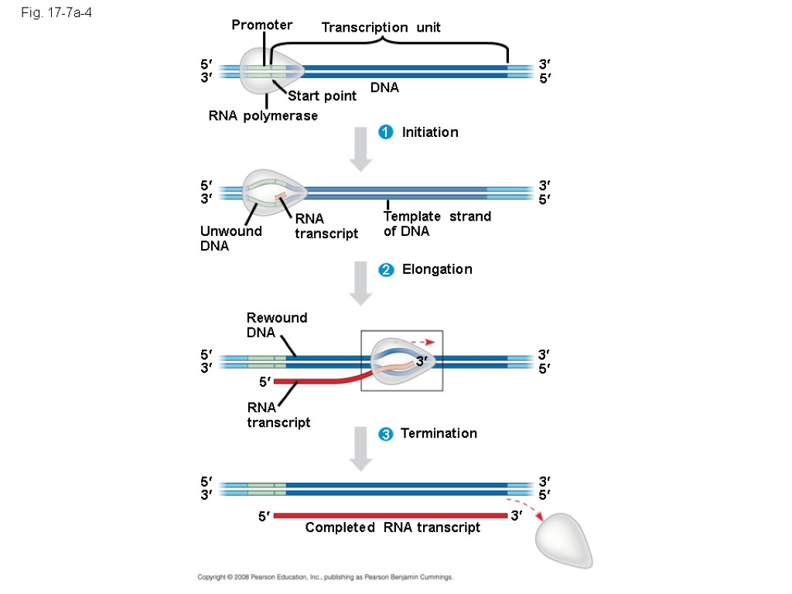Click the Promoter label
coord(261,26)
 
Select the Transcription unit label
coord(381,28)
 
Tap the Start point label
coord(322,96)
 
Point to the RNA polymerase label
coord(263,116)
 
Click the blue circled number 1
coord(384,132)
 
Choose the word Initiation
coord(429,132)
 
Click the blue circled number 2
coord(384,270)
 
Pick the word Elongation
coord(436,269)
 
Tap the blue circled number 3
coord(384,434)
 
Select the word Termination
coord(439,433)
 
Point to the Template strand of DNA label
coord(437,224)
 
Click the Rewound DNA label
coord(276,325)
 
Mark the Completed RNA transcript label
coord(392,527)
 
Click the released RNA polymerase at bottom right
coord(565,540)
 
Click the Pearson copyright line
coord(325,577)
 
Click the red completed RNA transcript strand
coord(390,516)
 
